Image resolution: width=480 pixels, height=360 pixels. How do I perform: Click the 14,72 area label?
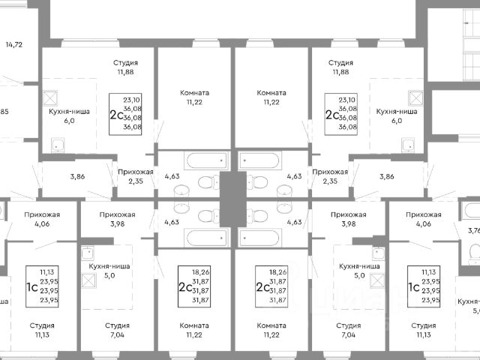13,45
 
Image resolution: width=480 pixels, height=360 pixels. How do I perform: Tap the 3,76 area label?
473,231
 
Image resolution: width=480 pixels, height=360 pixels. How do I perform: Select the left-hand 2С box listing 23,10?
126,113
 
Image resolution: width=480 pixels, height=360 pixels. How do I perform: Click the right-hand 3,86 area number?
386,176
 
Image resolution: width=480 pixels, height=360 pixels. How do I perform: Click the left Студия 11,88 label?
125,67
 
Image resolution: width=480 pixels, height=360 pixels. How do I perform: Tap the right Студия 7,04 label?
348,331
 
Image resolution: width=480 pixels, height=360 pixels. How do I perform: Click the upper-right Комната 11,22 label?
271,97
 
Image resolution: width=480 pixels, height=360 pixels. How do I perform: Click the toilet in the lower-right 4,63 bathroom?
258,217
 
